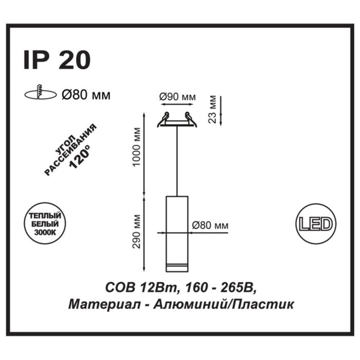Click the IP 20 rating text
[57, 60]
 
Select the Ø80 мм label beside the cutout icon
[86, 95]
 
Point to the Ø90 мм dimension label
[177, 97]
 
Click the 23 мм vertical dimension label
[212, 110]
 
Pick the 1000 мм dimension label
[136, 147]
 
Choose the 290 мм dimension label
[136, 231]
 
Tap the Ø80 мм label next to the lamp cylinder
[210, 225]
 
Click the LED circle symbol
[316, 224]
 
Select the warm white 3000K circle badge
[45, 223]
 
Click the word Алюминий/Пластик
[223, 305]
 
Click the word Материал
[104, 305]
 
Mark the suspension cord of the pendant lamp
[177, 161]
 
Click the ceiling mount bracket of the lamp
[177, 119]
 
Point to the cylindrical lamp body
[177, 234]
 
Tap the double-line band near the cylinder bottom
[177, 265]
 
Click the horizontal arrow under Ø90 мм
[177, 104]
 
